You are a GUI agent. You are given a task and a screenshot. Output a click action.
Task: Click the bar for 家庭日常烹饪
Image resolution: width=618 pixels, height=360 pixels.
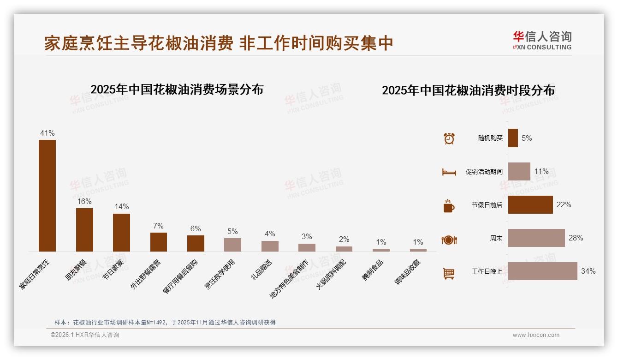point(47,196)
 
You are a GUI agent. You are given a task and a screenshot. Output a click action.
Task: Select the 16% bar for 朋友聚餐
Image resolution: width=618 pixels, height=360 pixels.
point(84,230)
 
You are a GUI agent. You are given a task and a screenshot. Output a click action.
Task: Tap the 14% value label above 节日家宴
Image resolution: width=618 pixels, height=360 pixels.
point(122,207)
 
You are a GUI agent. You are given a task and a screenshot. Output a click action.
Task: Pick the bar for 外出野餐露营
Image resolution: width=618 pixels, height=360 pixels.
point(159,242)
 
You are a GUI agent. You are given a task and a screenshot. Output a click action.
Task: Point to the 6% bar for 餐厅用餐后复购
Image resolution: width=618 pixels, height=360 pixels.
point(196,243)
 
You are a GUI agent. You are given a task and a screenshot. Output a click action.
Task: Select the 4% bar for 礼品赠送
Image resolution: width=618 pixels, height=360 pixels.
point(270,246)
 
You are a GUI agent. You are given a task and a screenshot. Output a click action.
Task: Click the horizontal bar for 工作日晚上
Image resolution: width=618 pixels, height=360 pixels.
point(542,271)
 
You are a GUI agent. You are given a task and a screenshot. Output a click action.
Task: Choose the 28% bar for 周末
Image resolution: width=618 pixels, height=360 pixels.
point(536,238)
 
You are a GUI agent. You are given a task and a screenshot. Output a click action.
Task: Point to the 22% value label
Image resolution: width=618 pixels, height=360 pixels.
point(564,204)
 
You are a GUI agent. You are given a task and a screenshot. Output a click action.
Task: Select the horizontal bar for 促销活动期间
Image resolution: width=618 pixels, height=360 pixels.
point(519,171)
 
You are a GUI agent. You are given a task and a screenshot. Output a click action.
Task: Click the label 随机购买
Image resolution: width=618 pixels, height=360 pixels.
point(490,138)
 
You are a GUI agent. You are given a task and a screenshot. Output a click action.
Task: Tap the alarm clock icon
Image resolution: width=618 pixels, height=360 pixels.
point(449,138)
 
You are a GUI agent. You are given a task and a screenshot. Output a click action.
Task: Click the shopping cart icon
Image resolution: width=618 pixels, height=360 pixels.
point(449,273)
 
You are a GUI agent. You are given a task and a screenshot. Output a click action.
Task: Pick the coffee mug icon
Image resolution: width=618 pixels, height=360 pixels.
point(449,206)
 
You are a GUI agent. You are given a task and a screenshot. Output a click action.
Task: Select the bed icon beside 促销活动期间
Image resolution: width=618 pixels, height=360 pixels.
point(449,172)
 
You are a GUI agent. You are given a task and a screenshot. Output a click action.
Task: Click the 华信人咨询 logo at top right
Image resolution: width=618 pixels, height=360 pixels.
point(542,41)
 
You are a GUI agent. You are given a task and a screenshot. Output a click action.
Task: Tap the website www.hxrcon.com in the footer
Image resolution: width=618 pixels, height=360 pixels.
point(536,335)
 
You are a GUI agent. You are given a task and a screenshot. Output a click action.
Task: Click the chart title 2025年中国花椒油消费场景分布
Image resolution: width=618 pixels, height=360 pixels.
point(177,90)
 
